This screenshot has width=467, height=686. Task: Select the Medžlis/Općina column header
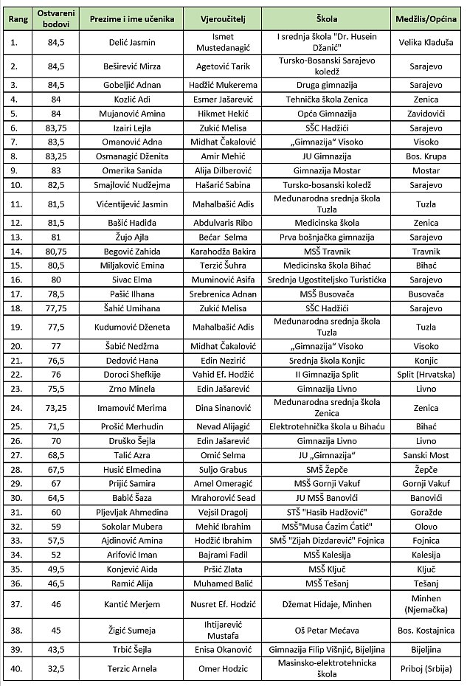point(426,18)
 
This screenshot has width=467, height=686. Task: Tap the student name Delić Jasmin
point(122,43)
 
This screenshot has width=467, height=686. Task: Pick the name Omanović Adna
point(122,141)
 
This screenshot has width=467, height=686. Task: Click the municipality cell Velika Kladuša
point(426,43)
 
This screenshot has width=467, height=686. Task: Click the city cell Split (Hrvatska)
point(426,374)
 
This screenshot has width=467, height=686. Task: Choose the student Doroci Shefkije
point(122,374)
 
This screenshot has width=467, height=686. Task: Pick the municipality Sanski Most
point(426,456)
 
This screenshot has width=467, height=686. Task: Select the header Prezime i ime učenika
point(122,18)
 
